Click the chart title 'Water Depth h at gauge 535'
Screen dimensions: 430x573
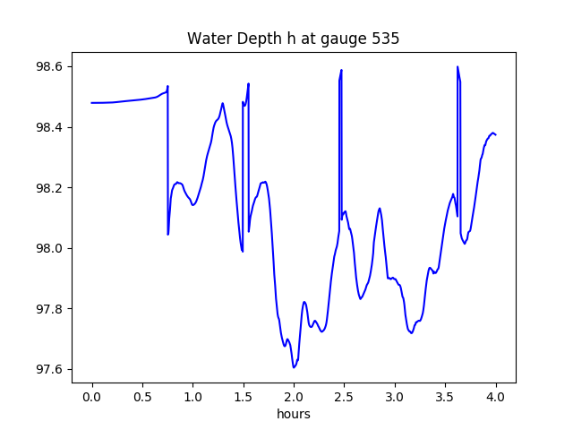coord(293,39)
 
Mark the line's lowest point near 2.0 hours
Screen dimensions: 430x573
coord(294,367)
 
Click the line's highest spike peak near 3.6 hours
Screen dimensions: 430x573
coord(458,66)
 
